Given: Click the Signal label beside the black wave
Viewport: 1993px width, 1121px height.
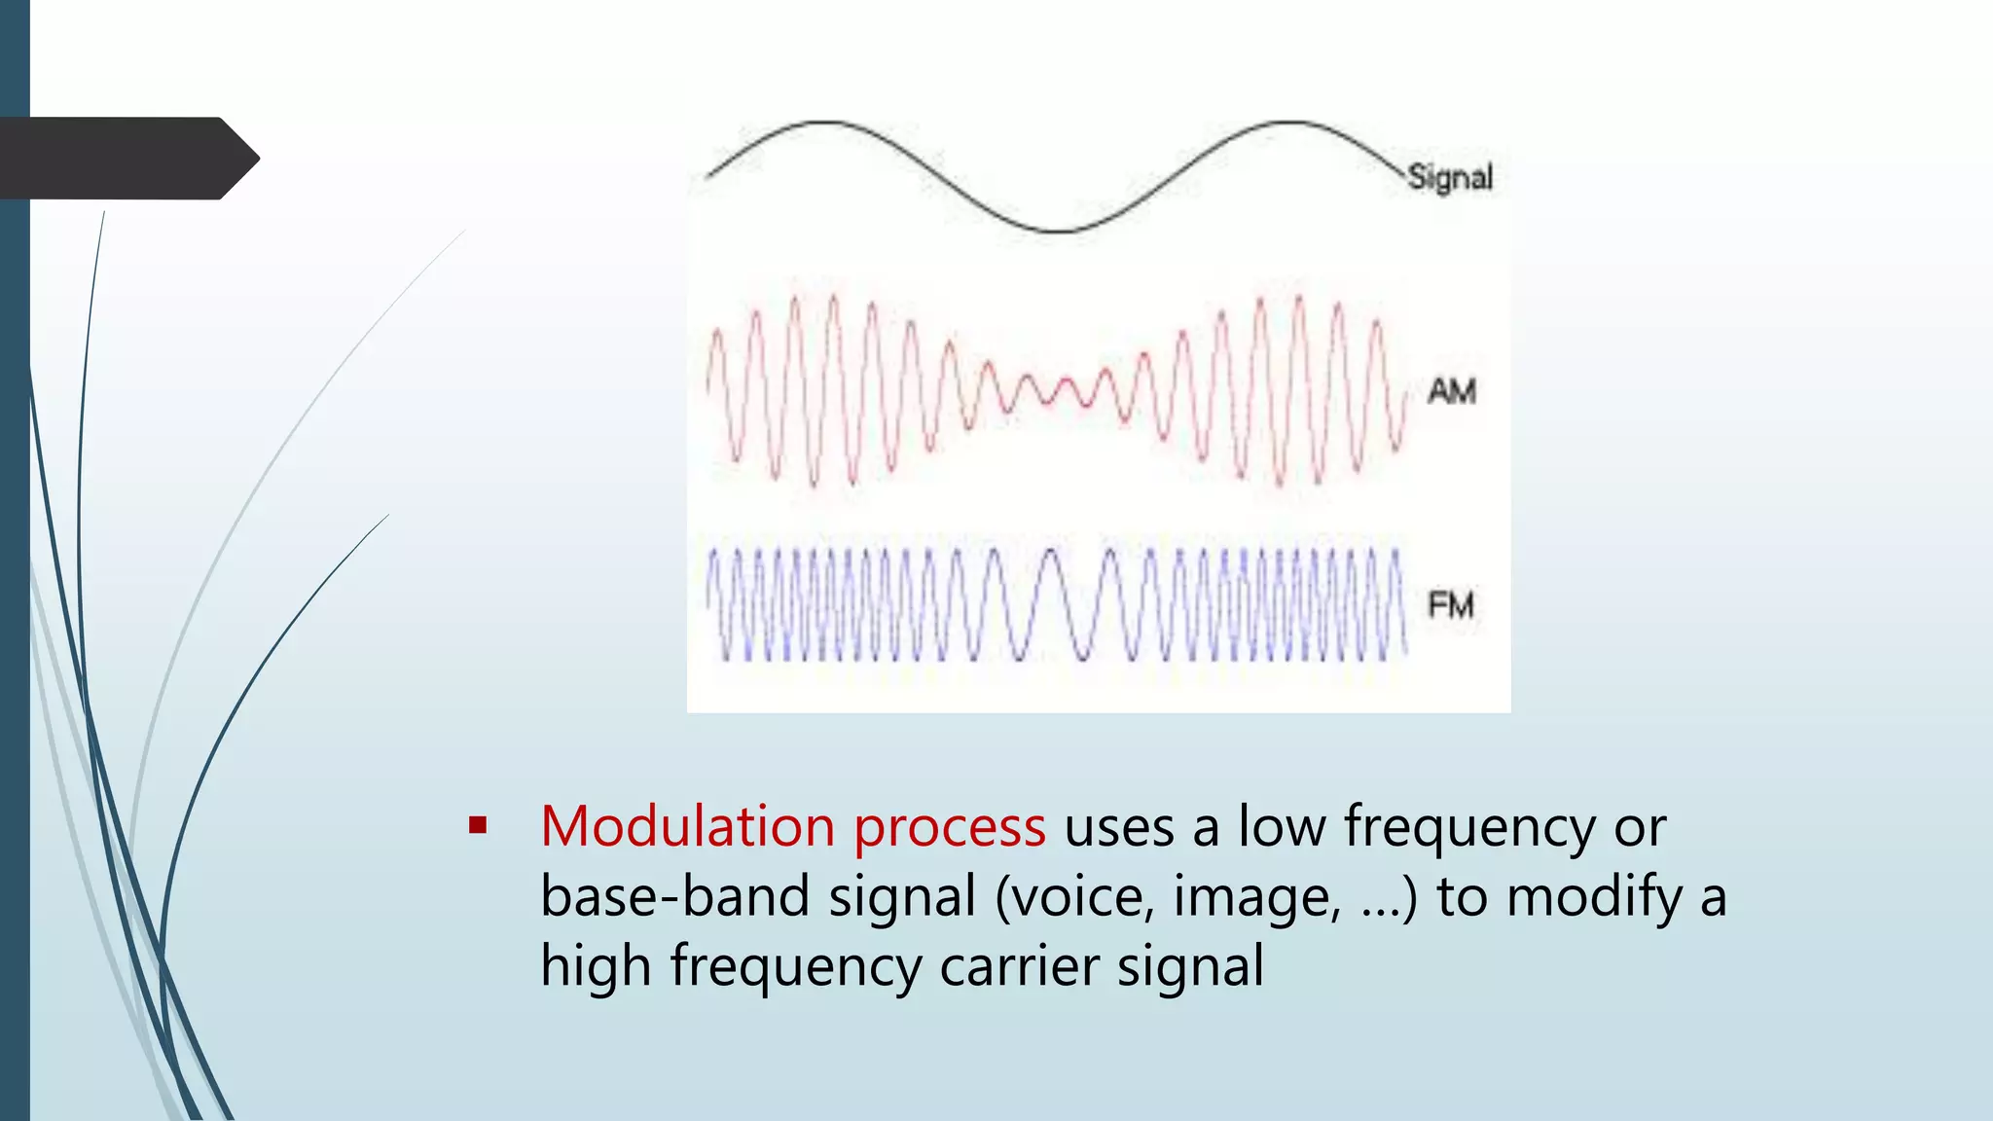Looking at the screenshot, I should click(1449, 177).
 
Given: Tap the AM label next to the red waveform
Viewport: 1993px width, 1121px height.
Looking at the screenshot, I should click(1451, 391).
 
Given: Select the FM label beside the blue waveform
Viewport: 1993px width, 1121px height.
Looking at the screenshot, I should click(1450, 605).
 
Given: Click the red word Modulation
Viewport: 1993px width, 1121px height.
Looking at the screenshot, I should click(687, 827).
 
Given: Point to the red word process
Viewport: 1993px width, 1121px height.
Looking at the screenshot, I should click(949, 829).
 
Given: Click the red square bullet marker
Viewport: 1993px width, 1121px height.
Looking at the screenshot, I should click(477, 826).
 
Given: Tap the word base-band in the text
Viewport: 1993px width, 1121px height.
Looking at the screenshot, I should click(674, 896).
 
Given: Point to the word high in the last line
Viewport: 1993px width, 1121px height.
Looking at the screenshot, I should click(595, 967).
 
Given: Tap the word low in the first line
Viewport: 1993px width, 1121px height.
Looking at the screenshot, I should click(1281, 827).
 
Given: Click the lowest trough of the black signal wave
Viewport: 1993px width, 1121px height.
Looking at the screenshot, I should click(1056, 231).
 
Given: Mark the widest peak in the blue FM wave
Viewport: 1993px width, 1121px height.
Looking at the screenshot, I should click(1052, 553).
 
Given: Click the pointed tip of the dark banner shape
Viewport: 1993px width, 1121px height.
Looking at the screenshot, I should click(258, 159).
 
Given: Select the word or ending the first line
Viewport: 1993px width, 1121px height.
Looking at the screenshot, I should click(1640, 829).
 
